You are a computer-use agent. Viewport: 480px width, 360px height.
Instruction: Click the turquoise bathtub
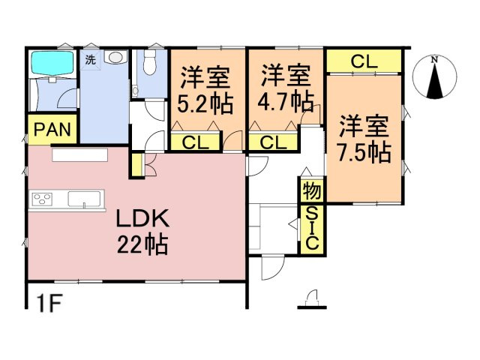click(52, 63)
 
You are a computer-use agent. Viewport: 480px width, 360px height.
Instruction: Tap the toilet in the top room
click(150, 62)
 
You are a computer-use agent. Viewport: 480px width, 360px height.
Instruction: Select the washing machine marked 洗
click(90, 60)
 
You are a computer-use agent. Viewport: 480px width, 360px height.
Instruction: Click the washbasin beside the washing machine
click(115, 57)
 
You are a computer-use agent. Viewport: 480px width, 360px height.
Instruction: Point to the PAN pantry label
click(52, 130)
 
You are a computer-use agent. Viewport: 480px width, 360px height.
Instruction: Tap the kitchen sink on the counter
click(84, 199)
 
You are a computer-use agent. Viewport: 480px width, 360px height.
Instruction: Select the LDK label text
click(143, 218)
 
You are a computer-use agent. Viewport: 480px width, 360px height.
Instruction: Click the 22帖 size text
click(142, 244)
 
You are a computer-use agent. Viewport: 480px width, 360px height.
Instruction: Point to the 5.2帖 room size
click(205, 104)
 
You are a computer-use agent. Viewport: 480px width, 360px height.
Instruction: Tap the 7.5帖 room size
click(364, 151)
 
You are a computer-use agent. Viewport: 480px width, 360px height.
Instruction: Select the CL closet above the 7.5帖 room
click(364, 61)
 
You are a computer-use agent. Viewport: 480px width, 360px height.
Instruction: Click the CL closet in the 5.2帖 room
click(195, 142)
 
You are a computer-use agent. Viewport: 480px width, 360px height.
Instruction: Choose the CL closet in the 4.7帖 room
click(273, 142)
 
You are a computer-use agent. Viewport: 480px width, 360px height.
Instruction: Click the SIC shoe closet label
click(313, 228)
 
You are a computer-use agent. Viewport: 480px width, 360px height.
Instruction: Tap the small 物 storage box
click(312, 190)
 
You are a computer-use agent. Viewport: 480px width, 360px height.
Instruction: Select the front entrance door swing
click(273, 267)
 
